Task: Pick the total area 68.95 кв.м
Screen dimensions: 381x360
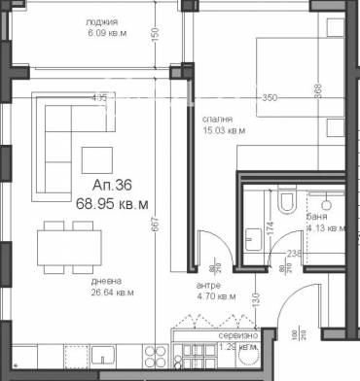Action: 112,204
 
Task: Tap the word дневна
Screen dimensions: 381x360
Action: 94,278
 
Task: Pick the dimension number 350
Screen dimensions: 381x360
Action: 270,98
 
